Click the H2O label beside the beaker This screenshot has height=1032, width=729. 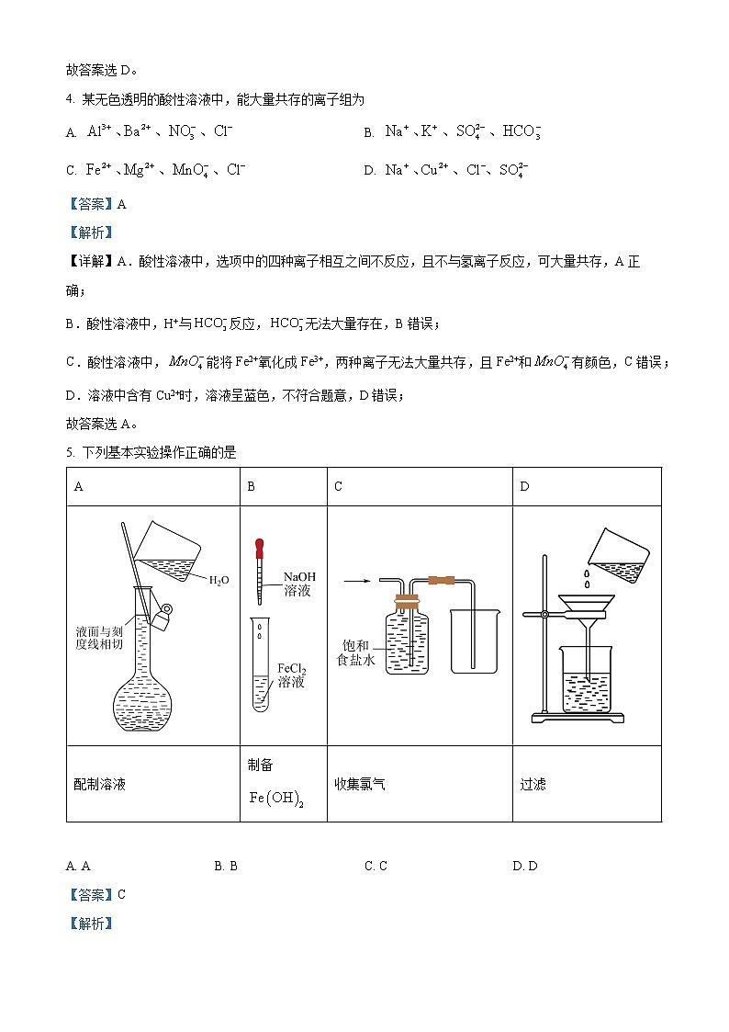219,580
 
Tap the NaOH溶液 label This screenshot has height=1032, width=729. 298,583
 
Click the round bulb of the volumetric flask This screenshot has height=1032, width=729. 142,703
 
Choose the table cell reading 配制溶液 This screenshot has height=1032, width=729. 99,784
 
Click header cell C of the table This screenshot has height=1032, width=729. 339,486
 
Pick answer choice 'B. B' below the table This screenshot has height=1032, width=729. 226,866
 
